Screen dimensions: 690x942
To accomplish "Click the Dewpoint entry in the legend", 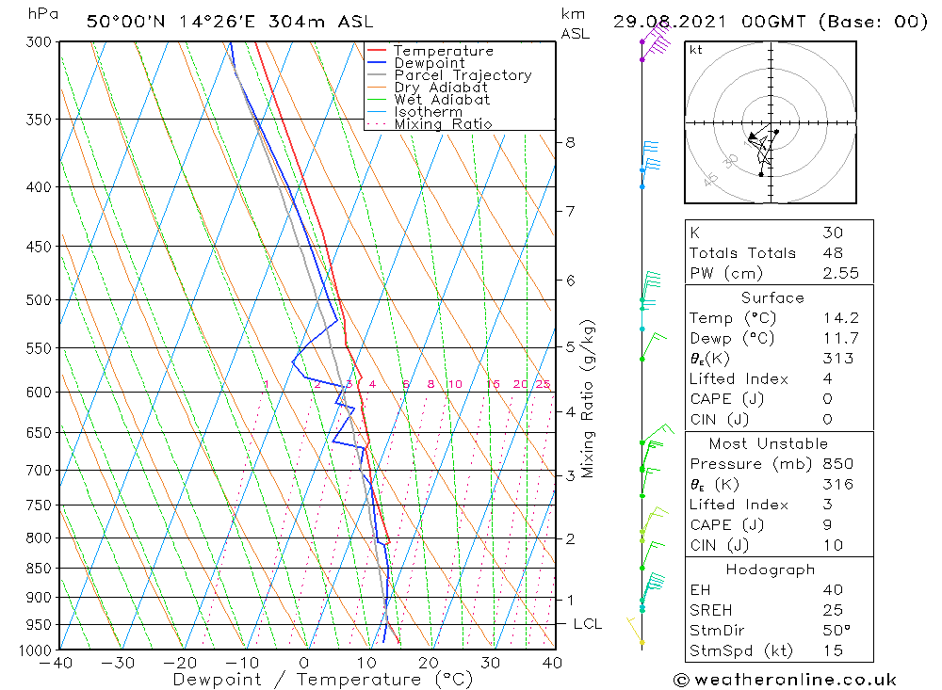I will pos(429,63).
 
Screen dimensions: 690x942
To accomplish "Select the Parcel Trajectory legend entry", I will pos(463,75).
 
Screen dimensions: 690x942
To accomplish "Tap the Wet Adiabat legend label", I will pos(442,100).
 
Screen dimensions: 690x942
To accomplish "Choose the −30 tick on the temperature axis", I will pos(119,663).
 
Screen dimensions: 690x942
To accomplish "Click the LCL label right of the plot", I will pos(587,624).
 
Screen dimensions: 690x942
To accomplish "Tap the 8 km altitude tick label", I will pos(570,142).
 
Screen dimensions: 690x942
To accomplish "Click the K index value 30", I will pos(832,233).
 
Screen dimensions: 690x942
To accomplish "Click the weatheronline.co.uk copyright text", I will pos(785,680).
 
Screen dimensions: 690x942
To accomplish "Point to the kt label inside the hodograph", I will pos(695,50).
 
